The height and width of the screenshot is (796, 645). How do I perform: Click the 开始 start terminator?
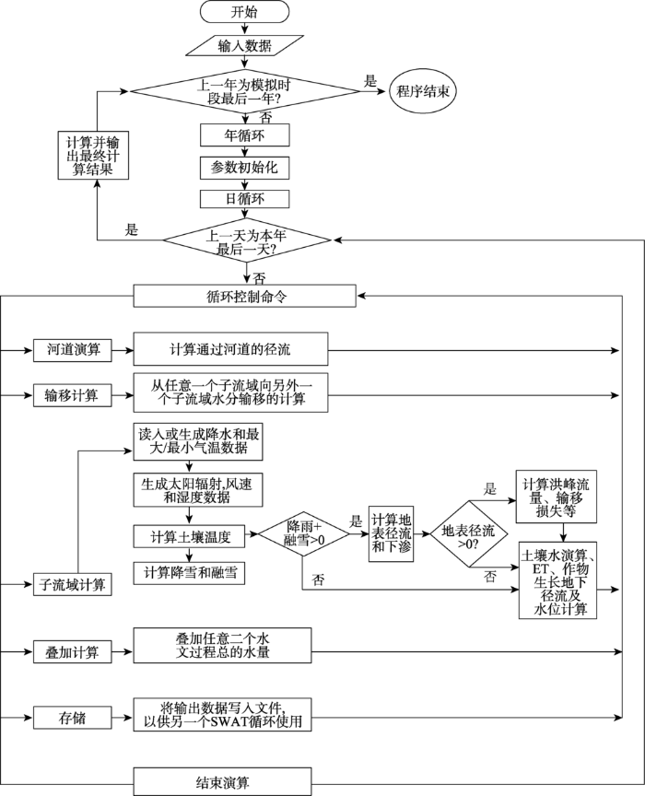(245, 12)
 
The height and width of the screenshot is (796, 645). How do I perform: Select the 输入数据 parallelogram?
(245, 44)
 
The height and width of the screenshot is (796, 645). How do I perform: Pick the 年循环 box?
(245, 135)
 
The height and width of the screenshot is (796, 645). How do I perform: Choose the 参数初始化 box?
(245, 168)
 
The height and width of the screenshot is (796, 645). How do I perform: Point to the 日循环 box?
(245, 199)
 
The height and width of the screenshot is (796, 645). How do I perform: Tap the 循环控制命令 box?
(244, 296)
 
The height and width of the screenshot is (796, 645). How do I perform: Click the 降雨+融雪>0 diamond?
(303, 536)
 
